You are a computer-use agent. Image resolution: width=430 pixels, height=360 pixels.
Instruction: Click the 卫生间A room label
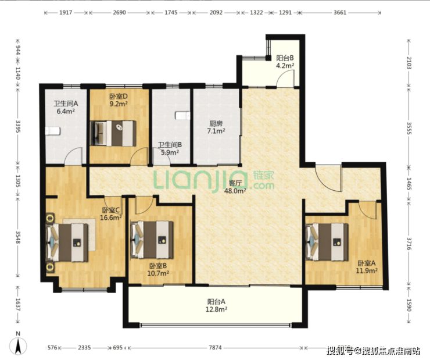66,104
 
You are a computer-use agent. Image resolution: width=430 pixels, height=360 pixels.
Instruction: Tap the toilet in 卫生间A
52,131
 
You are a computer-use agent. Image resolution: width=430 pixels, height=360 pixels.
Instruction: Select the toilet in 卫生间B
182,116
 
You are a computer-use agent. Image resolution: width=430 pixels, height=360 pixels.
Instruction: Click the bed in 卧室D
113,133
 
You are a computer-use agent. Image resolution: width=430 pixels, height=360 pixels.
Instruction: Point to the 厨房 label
216,123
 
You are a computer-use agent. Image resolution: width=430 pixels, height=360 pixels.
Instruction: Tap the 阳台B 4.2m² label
285,62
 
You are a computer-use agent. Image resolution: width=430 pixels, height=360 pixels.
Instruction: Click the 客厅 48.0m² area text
235,187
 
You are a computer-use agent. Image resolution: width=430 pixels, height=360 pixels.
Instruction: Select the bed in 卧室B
152,240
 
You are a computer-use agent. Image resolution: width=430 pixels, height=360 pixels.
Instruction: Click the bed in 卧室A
327,242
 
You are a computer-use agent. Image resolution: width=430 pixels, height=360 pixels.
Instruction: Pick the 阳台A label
216,302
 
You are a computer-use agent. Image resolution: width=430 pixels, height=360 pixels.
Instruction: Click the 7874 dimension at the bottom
215,348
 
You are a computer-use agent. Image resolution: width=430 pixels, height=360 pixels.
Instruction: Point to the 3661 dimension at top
340,13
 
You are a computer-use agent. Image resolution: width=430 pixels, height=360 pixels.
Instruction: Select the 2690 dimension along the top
119,13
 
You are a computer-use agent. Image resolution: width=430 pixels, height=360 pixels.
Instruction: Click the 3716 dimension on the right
408,244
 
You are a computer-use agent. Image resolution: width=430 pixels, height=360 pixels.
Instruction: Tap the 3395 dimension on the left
18,126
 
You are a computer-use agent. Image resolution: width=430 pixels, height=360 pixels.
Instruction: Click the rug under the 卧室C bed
80,234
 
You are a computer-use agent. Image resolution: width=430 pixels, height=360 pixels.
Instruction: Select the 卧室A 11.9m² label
367,267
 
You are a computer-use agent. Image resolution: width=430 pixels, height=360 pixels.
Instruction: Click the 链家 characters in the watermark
264,175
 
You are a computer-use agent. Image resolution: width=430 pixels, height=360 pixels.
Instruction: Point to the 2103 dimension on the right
408,63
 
